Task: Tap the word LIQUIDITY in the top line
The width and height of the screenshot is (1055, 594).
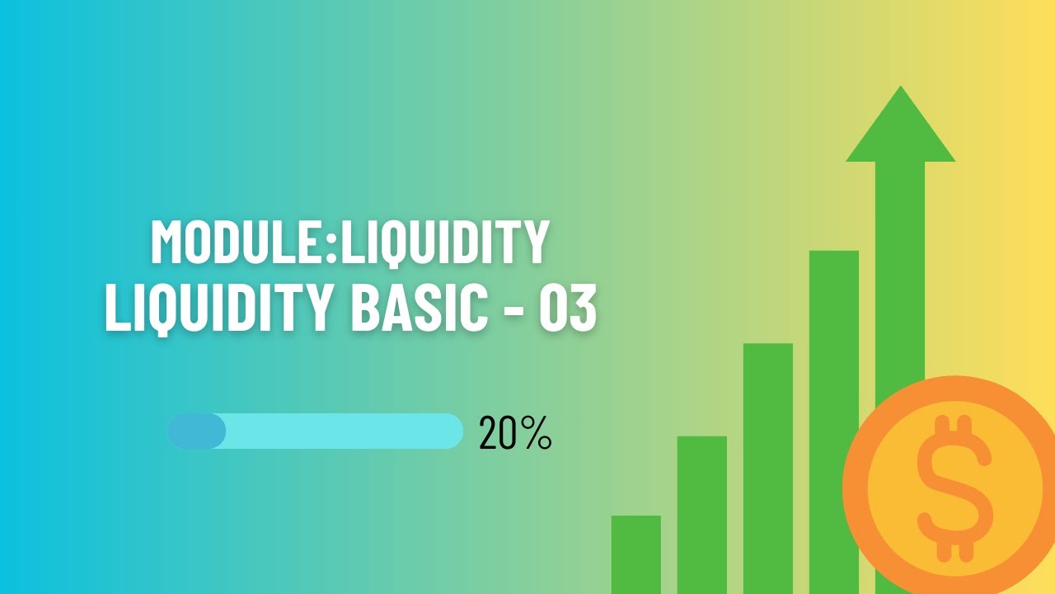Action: click(x=445, y=241)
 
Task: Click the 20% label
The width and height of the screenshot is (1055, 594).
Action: click(x=514, y=432)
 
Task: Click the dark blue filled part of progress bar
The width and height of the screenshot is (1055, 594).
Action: click(x=196, y=431)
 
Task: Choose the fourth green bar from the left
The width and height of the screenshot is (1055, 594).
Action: click(x=833, y=330)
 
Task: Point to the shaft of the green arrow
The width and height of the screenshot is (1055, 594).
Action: click(x=900, y=264)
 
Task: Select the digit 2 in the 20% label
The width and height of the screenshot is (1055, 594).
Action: click(x=487, y=433)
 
